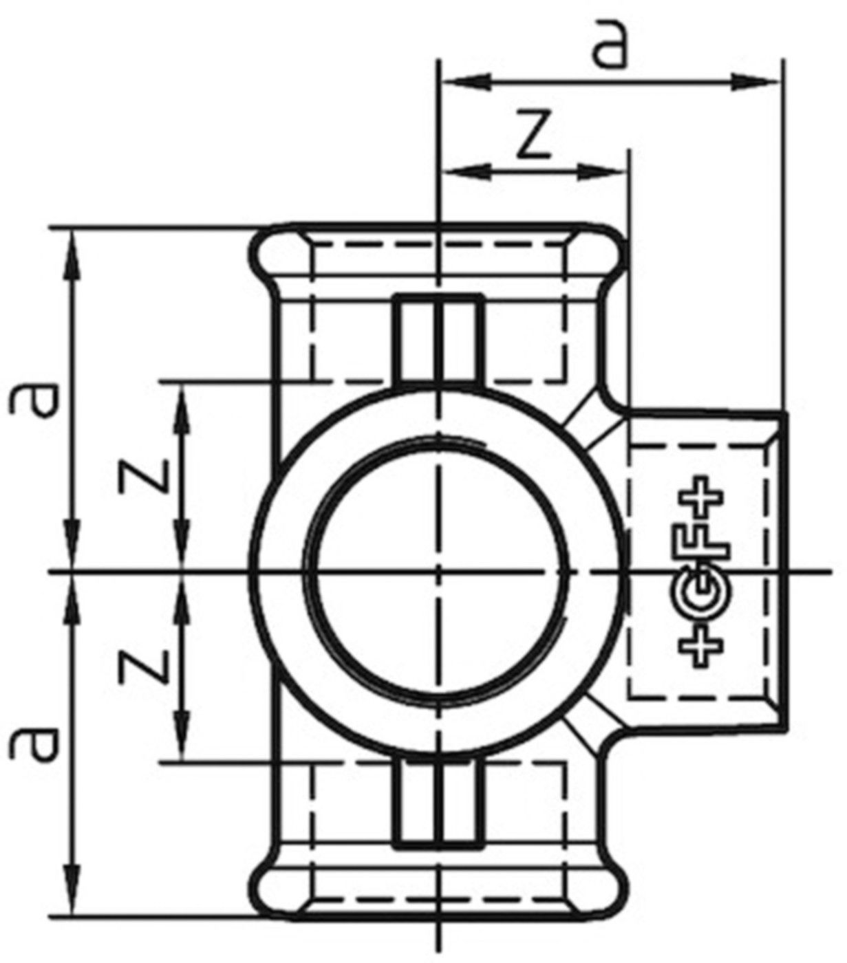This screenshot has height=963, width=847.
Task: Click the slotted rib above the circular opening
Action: click(x=438, y=337)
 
